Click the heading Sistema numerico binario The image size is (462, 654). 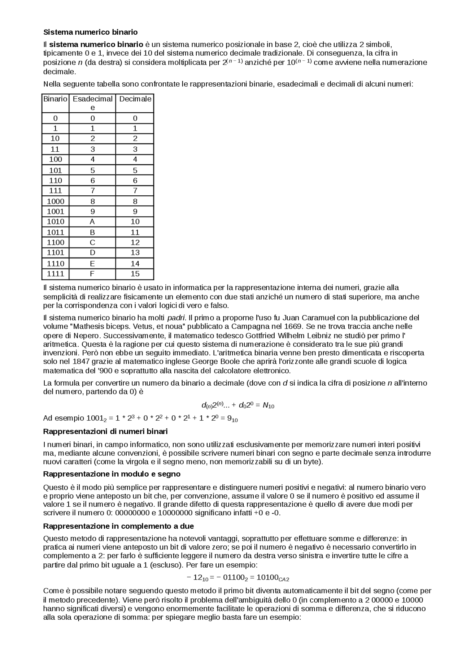click(x=90, y=32)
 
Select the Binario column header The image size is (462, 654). click(x=55, y=99)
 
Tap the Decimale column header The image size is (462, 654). click(x=135, y=99)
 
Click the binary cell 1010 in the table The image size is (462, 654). click(x=55, y=222)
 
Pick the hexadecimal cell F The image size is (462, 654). click(x=92, y=274)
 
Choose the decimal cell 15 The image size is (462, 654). click(x=135, y=274)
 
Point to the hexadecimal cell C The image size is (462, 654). click(x=92, y=242)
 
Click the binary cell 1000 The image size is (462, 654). click(x=55, y=201)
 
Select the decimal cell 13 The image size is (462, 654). click(x=135, y=253)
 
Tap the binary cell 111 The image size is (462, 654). click(x=55, y=191)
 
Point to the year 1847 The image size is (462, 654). click(x=78, y=361)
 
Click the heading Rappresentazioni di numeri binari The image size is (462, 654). click(x=105, y=432)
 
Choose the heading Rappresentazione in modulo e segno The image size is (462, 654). click(x=112, y=474)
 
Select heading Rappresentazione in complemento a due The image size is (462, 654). click(x=118, y=526)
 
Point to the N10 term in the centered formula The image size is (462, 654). click(x=269, y=406)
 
